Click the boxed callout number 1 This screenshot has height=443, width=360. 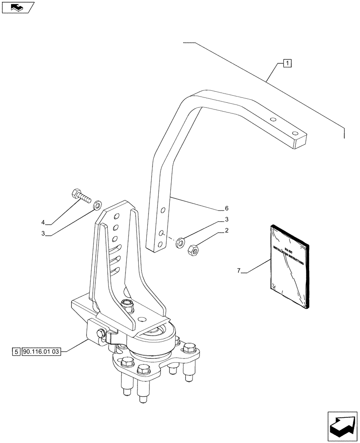point(287,63)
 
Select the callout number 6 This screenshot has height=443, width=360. point(227,208)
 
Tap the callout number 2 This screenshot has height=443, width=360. point(227,230)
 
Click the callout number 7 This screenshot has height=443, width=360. point(239,270)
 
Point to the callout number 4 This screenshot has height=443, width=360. point(43,222)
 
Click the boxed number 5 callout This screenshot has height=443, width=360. point(16,352)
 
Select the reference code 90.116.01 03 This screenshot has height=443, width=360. point(43,352)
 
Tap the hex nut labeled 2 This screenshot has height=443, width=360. point(194,249)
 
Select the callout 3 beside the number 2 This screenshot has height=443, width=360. point(227,219)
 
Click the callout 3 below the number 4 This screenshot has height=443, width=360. point(43,234)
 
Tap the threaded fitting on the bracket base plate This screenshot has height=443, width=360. point(127,304)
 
